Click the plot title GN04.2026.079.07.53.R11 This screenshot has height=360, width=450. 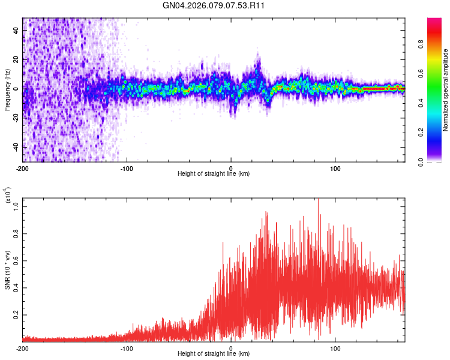[x=214, y=6]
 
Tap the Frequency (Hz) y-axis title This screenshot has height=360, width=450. [x=7, y=90]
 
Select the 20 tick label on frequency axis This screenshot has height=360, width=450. [x=16, y=60]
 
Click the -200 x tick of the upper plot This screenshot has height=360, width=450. [x=22, y=168]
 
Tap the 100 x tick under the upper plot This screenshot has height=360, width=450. [x=335, y=168]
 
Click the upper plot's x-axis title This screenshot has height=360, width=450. [x=214, y=174]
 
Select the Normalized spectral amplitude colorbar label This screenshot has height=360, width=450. [x=445, y=90]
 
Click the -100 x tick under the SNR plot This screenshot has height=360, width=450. [x=127, y=348]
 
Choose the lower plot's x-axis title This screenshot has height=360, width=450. [x=214, y=354]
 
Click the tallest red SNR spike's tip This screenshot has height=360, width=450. [x=318, y=199]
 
